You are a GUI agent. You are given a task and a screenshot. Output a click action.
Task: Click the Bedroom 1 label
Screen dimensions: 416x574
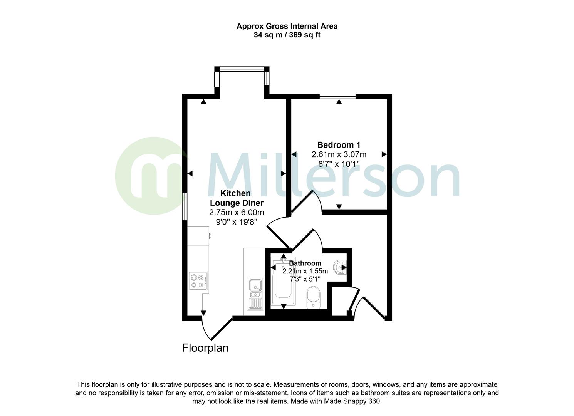tap(339, 145)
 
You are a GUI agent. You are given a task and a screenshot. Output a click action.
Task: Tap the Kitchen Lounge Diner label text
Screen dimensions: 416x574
tap(236, 198)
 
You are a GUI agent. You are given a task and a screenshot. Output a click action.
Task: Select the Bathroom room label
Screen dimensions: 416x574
tap(305, 263)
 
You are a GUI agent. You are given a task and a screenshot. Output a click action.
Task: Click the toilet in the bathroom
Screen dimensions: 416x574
tap(313, 298)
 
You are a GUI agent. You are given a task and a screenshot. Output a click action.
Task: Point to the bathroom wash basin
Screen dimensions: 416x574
tap(340, 267)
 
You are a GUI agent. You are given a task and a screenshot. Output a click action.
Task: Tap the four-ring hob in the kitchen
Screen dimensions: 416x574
tap(198, 281)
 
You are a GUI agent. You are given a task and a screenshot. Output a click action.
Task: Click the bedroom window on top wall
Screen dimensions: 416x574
tap(338, 96)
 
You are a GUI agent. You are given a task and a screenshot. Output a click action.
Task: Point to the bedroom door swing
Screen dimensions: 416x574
tap(310, 202)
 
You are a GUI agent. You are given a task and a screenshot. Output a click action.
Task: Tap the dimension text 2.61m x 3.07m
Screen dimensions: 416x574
tap(339, 154)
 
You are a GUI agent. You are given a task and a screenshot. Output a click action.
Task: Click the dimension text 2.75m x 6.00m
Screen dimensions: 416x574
tap(236, 212)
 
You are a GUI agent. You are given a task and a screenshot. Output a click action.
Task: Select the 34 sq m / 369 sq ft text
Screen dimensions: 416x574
tap(287, 35)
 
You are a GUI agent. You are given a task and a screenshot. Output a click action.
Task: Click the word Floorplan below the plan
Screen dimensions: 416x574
tap(205, 348)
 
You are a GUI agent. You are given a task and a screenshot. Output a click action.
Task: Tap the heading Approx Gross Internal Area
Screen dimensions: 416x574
tap(287, 26)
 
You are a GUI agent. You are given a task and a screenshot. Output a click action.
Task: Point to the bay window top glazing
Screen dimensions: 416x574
tap(242, 69)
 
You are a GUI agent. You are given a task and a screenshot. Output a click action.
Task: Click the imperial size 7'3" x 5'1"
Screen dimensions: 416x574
tap(305, 278)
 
